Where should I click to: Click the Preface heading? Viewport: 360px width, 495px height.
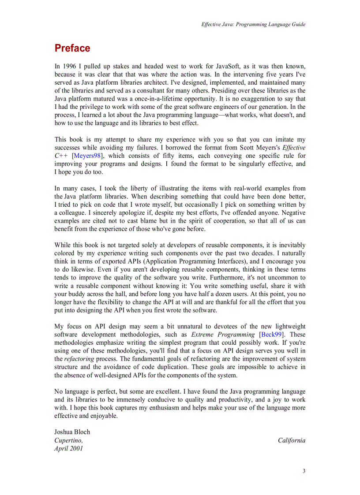click(72, 48)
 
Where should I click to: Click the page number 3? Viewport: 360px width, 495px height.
click(304, 471)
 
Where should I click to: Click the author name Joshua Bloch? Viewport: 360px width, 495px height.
click(72, 432)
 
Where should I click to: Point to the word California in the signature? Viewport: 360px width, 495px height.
click(291, 440)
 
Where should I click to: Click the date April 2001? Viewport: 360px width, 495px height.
click(68, 449)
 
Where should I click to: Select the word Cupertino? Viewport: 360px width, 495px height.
click(68, 440)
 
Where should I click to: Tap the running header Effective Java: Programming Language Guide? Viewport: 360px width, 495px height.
click(253, 25)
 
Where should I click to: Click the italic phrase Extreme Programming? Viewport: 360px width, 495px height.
click(223, 335)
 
